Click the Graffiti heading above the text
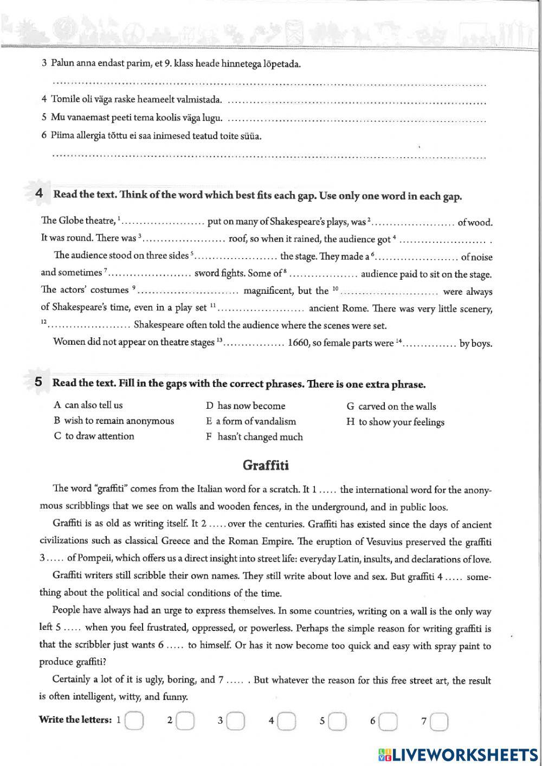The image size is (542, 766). click(266, 465)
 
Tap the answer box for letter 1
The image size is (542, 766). click(134, 721)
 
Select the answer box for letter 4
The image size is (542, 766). click(287, 721)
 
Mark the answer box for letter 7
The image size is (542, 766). click(440, 721)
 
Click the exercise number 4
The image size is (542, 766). click(39, 194)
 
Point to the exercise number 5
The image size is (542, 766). click(38, 382)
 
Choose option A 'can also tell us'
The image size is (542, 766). click(88, 405)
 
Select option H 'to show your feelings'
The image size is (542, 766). click(395, 422)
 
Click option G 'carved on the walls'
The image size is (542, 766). click(391, 406)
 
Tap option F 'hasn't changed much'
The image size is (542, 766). click(254, 437)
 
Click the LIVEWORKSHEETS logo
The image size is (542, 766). click(458, 754)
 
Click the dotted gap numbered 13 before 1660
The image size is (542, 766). click(255, 344)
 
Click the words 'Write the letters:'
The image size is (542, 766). click(75, 720)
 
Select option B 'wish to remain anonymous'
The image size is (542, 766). click(114, 421)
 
